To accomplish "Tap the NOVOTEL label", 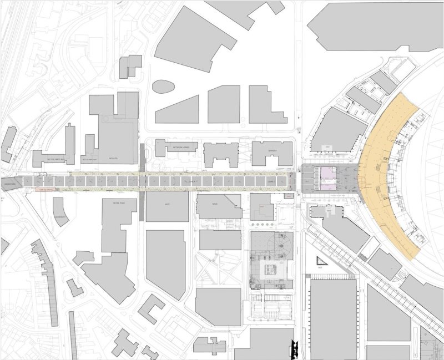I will tap(115, 157).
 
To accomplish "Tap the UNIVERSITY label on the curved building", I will tap(61, 217).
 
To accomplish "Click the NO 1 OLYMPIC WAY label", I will tap(49, 159).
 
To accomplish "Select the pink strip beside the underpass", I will tap(49, 190).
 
